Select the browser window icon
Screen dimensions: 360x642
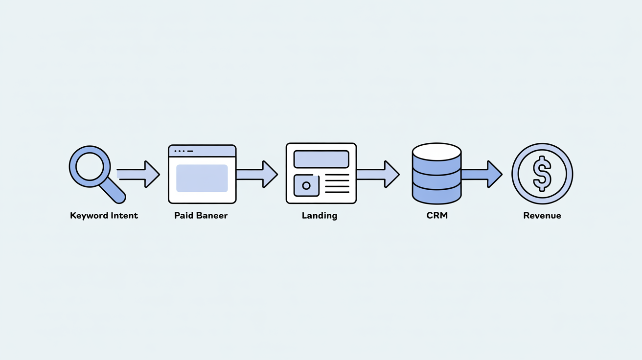202,174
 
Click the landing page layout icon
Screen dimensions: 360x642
321,173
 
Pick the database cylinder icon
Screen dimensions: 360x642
436,174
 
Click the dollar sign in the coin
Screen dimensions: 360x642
542,174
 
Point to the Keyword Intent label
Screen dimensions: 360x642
104,215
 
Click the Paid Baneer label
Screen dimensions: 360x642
201,215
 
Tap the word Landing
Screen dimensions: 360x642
320,215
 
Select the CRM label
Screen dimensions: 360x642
436,215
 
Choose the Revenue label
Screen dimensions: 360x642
542,215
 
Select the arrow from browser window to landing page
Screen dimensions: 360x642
257,174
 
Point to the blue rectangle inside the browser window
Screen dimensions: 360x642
202,178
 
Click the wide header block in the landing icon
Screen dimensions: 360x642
321,159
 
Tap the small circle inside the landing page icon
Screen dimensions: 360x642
306,186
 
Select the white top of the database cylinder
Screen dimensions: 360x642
436,150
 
